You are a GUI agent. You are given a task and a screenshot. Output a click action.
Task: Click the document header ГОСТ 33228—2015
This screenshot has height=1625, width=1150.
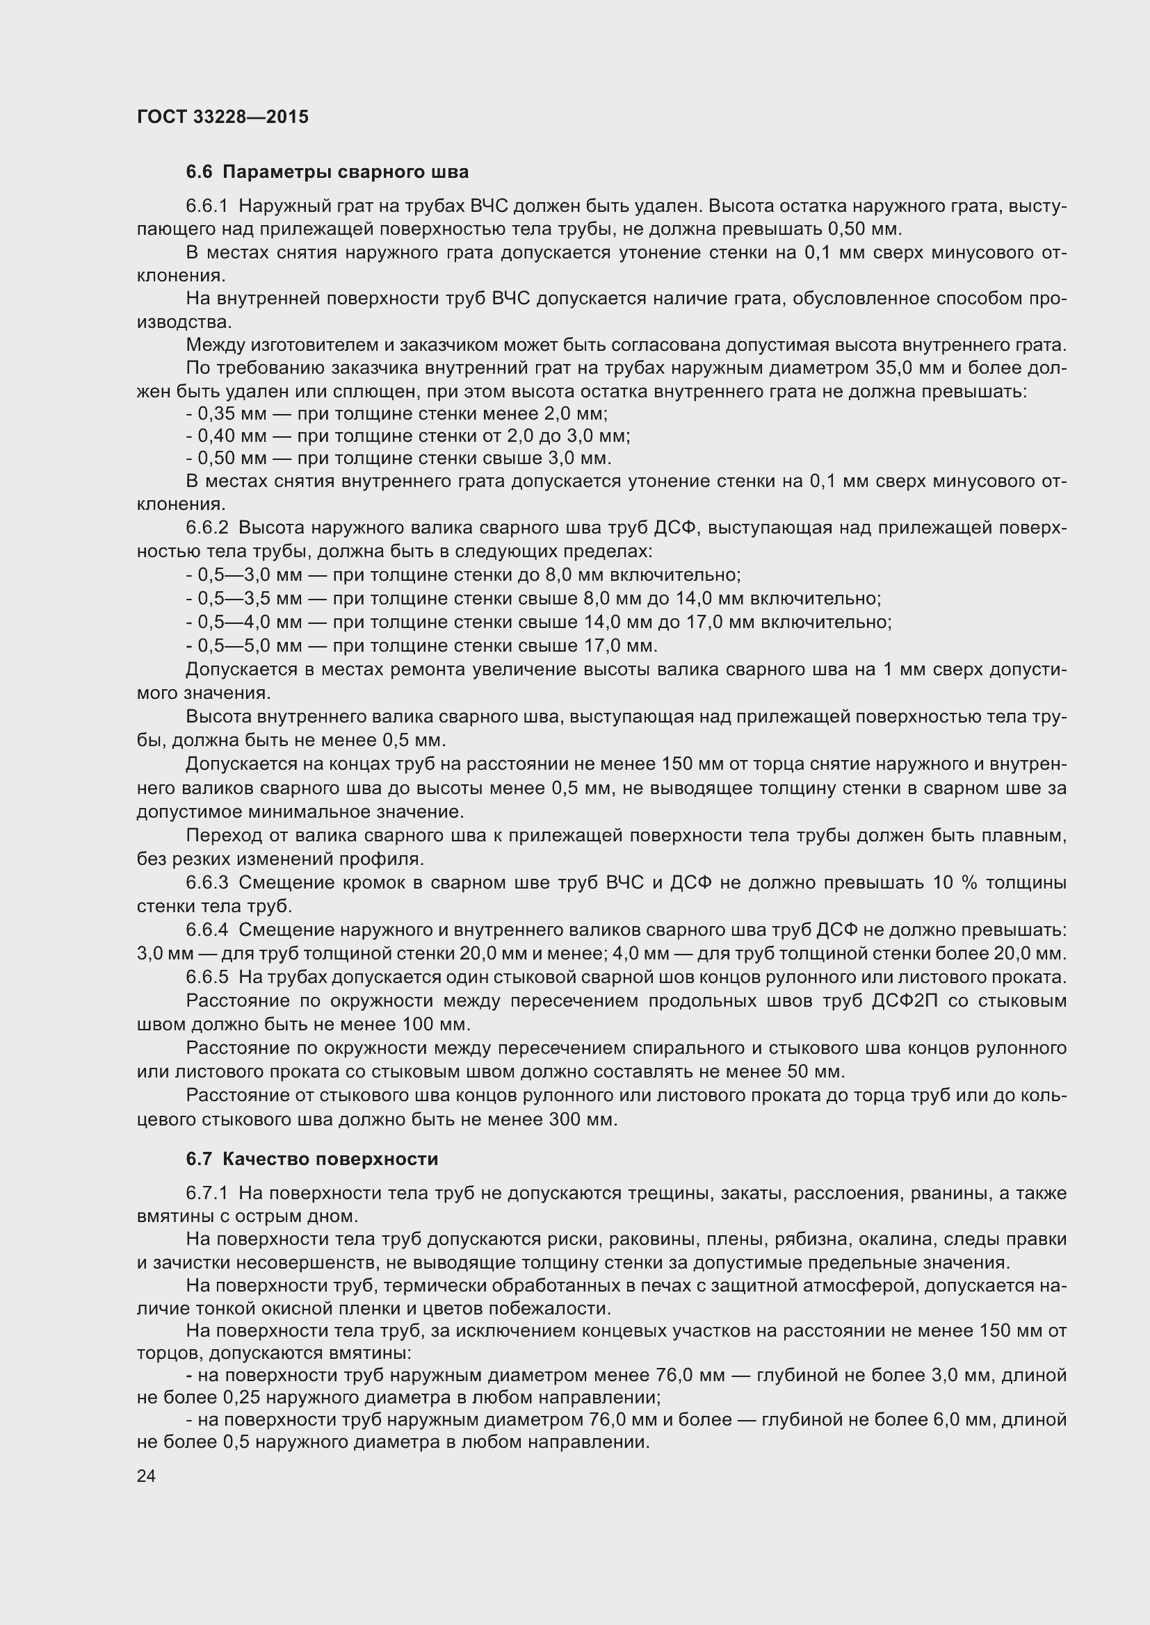click(x=222, y=117)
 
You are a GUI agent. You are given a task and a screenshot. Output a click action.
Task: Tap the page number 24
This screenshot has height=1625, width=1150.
click(x=146, y=1476)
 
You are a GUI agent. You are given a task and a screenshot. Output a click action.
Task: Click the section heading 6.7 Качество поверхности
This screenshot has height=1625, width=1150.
click(x=311, y=1159)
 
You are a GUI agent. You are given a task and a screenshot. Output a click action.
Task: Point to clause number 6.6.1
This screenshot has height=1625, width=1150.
click(x=206, y=206)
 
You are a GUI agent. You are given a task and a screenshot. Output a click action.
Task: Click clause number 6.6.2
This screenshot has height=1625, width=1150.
click(x=206, y=528)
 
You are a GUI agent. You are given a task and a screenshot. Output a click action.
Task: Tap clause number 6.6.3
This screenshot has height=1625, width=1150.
click(x=206, y=882)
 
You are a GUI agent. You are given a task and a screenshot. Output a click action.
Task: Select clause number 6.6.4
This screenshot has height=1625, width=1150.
click(x=206, y=930)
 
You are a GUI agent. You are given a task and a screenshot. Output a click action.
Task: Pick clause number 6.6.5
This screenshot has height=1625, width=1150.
click(x=206, y=978)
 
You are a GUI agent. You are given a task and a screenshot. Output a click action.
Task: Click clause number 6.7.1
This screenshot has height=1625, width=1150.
click(x=206, y=1194)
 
